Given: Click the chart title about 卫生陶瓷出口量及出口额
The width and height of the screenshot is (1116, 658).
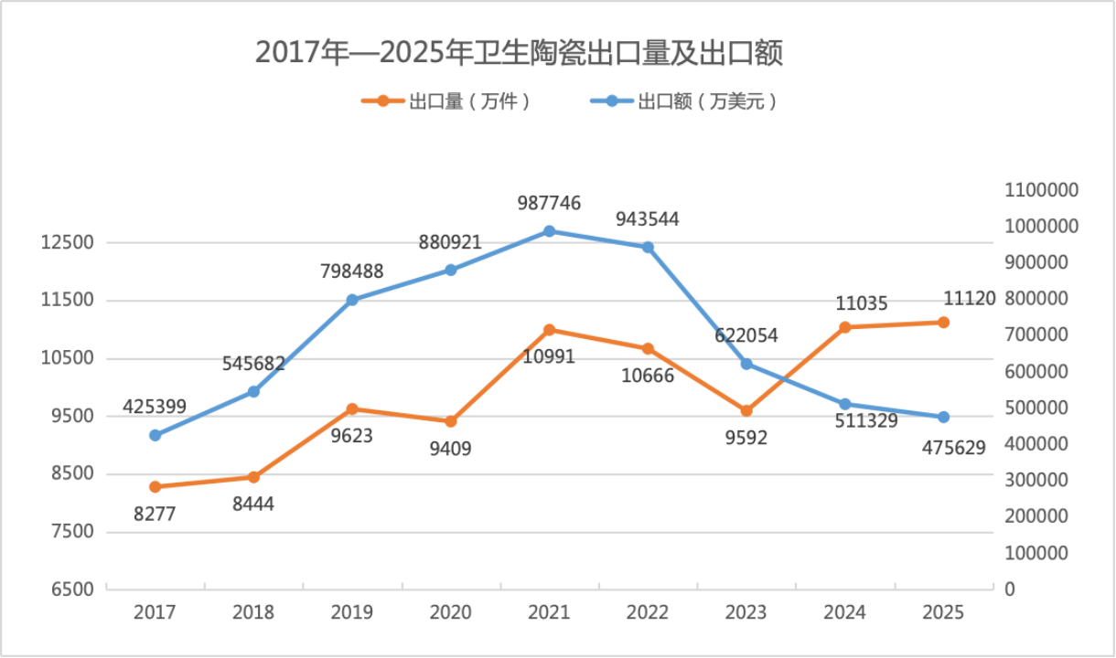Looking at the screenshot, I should (x=519, y=53).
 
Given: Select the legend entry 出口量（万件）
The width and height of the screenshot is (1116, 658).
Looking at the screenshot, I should (x=446, y=101).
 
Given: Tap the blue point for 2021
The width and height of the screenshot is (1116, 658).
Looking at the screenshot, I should (x=549, y=231).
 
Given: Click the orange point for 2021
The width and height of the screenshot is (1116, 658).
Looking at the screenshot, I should (x=549, y=330).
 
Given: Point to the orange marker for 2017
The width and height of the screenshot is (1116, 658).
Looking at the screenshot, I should (x=155, y=487).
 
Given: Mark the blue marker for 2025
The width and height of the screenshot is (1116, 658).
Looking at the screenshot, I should (x=943, y=417).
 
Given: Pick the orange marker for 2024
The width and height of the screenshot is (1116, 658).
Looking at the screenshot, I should (x=845, y=327).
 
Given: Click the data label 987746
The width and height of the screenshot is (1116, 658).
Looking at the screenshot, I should (x=549, y=204).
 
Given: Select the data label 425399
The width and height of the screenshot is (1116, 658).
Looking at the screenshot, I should (x=155, y=407).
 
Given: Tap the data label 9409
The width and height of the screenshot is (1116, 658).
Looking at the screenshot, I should (x=450, y=450).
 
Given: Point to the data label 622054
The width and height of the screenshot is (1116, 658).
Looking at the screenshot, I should (x=746, y=336).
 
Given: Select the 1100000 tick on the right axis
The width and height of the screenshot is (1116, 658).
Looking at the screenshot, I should (x=1042, y=190).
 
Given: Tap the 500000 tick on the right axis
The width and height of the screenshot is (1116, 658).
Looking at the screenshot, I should (x=1036, y=408).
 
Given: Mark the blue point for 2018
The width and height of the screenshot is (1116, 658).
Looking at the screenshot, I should (x=253, y=392).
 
